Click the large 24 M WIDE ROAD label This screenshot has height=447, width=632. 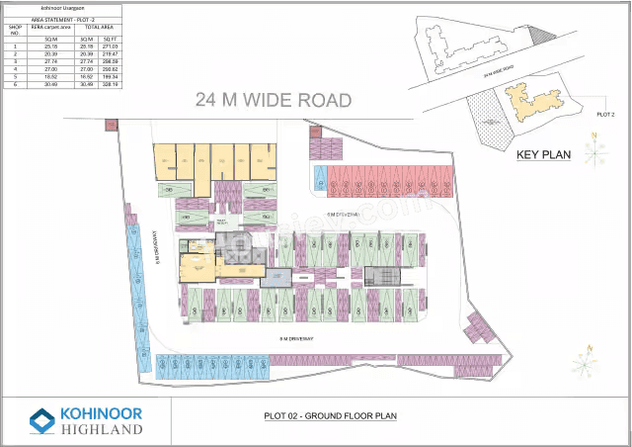coord(274,99)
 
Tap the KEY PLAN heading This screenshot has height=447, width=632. coord(544,154)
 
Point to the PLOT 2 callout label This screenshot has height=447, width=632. coord(605,115)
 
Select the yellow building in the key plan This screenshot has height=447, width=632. coord(533,100)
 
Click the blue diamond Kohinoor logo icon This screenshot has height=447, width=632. coord(42,421)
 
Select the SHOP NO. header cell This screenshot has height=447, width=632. coord(15,30)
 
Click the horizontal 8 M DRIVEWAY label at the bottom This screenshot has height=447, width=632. coord(297,338)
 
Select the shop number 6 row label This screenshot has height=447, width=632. coord(15,84)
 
